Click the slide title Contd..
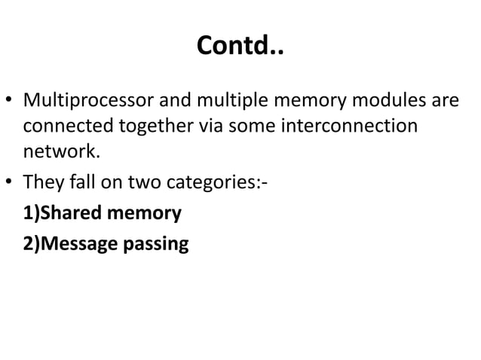pyautogui.click(x=240, y=47)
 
